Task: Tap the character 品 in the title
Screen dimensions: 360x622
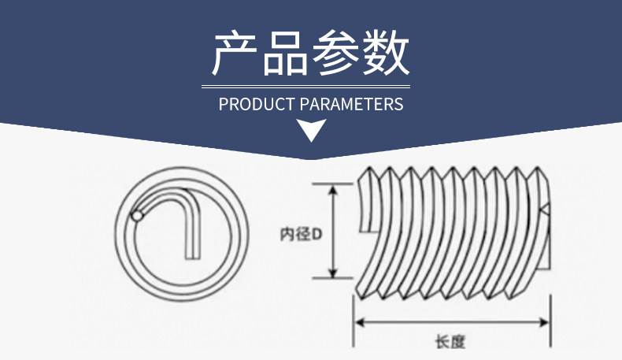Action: pyautogui.click(x=285, y=54)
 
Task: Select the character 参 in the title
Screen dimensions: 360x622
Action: pyautogui.click(x=336, y=54)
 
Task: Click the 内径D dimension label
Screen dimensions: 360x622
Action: pyautogui.click(x=302, y=234)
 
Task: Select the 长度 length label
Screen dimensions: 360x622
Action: pyautogui.click(x=450, y=341)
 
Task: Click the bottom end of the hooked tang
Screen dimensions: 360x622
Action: pyautogui.click(x=192, y=256)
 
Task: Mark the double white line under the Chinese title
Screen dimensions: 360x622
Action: pyautogui.click(x=306, y=84)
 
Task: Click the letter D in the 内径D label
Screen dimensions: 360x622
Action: pyautogui.click(x=317, y=234)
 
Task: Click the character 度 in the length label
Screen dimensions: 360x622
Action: pyautogui.click(x=459, y=341)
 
